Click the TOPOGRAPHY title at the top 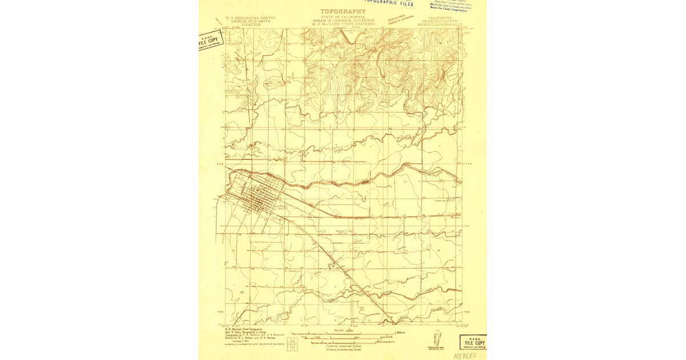[x=342, y=11]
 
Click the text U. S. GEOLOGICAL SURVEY [x=251, y=18]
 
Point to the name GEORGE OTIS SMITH [x=251, y=21]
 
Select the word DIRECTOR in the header [x=251, y=25]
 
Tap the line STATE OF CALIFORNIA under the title [x=342, y=17]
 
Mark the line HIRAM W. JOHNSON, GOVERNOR [x=342, y=21]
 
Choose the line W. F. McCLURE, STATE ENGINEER [x=342, y=25]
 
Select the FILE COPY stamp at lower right [x=473, y=342]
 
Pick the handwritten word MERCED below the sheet [x=464, y=355]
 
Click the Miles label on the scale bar [x=402, y=332]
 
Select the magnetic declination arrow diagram [x=437, y=347]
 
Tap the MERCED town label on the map [x=280, y=206]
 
